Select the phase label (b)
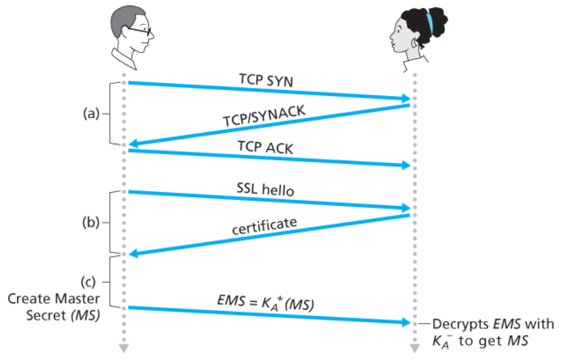coord(91,223)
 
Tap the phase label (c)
coord(91,282)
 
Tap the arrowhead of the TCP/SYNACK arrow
coord(133,143)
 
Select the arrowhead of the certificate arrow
coord(133,254)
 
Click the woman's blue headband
coord(429,21)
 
